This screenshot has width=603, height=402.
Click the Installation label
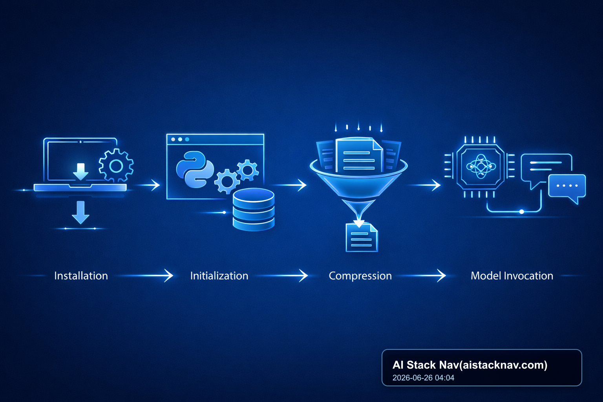81,276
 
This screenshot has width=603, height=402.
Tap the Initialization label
219,276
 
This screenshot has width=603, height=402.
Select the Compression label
360,276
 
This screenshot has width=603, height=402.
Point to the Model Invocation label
512,276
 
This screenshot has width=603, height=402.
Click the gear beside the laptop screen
116,166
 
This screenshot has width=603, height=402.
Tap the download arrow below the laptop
80,212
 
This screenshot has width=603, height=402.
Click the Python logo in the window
195,169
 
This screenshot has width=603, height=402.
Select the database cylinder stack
254,210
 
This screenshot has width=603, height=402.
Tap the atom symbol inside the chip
481,166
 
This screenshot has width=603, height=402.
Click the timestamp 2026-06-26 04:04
423,378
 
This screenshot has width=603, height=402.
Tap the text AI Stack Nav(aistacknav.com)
470,365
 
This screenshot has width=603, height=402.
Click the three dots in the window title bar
180,139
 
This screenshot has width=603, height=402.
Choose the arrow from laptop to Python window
148,185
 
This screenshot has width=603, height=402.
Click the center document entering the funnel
359,155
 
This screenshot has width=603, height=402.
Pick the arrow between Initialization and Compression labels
282,276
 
